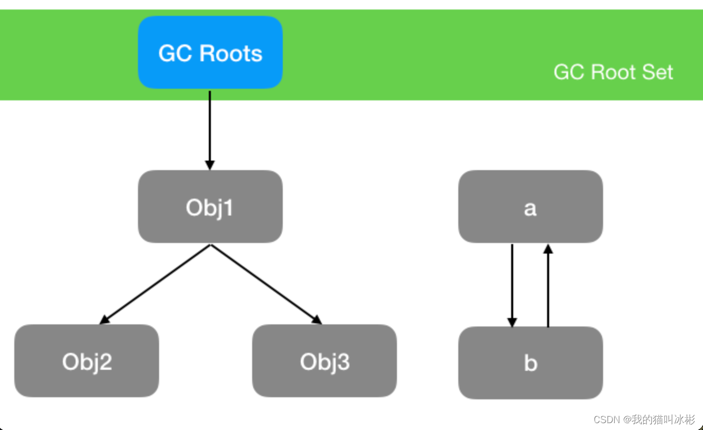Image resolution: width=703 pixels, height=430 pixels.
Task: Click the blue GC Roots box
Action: point(210,52)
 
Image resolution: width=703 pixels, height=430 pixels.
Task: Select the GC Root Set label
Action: point(613,72)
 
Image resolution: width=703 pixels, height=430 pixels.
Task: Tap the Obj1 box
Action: point(210,207)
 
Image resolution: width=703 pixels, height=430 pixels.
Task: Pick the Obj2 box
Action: point(87,361)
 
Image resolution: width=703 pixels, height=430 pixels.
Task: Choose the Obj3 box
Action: point(324,361)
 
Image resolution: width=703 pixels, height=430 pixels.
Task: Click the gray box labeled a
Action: point(530,207)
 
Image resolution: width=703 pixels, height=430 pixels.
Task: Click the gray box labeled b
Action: point(530,363)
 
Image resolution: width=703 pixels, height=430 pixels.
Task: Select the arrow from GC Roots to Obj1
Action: point(210,129)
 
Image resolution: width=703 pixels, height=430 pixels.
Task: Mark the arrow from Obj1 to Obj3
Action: point(266,284)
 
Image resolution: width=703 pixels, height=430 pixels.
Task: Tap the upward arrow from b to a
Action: point(548,285)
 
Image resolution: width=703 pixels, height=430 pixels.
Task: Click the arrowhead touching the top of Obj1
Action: point(210,164)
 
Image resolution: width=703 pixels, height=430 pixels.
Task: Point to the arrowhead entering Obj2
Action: point(105,320)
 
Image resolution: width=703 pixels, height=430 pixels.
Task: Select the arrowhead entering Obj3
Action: point(317,320)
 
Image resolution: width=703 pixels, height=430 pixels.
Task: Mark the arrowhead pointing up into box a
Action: point(548,249)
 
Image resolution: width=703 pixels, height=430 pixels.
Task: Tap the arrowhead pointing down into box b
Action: point(512,322)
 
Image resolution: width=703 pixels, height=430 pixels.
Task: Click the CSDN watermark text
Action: point(644,419)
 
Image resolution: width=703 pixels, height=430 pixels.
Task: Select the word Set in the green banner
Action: point(658,72)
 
